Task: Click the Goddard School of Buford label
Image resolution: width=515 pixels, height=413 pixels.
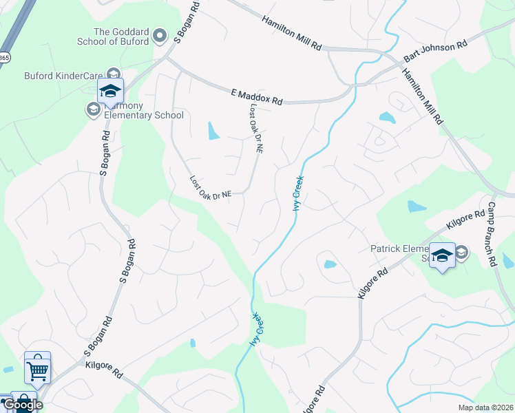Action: click(x=121, y=36)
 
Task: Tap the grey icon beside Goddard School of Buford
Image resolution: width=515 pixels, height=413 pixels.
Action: click(x=160, y=35)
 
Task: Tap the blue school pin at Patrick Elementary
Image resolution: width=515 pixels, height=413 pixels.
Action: click(x=442, y=255)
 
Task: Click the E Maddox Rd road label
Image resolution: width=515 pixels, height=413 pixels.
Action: click(x=255, y=95)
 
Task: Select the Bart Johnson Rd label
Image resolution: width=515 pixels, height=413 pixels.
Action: click(x=436, y=52)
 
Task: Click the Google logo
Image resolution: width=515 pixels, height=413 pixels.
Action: click(x=22, y=404)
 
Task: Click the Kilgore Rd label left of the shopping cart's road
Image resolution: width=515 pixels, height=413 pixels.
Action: click(x=103, y=373)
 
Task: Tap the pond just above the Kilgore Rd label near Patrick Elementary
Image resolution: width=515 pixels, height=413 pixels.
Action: click(x=417, y=206)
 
